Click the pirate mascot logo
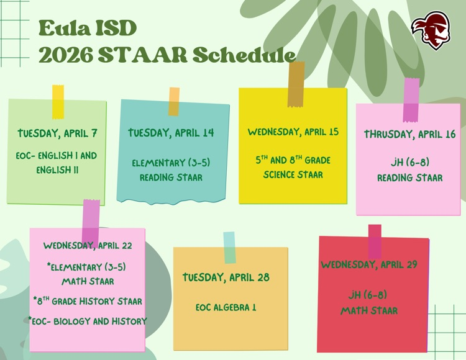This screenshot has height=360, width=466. coord(431,30)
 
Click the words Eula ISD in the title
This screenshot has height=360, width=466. coord(87,28)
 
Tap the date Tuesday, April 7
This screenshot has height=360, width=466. coord(57,133)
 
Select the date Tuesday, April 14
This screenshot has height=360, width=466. coord(171,133)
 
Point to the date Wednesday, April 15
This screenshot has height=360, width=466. coord(293,132)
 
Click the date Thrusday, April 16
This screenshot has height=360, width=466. coord(409,134)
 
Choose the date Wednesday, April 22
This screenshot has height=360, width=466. coord(88,245)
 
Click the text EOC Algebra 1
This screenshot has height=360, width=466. coord(226,307)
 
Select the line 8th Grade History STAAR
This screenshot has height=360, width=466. coord(88,301)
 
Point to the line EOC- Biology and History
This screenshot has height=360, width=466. coord(88,321)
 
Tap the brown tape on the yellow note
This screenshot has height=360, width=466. coord(296,84)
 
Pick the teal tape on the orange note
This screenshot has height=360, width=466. coord(229,247)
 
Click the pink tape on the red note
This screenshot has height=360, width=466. coord(375,241)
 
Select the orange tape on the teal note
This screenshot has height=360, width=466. coord(174,101)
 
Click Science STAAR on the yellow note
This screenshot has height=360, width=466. coord(293,175)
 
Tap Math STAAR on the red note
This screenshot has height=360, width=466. coord(368,310)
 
